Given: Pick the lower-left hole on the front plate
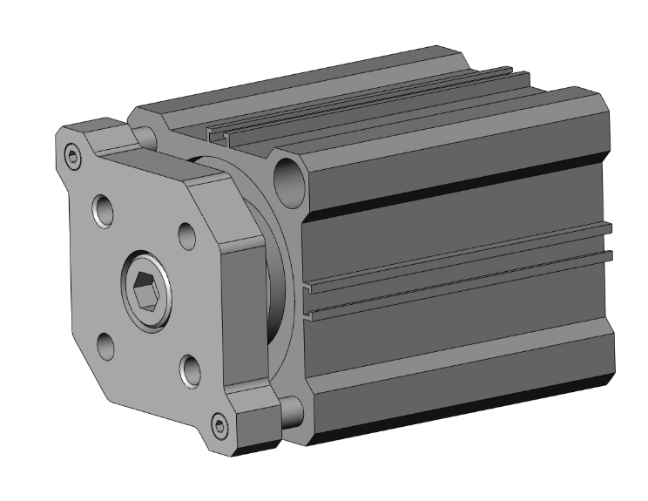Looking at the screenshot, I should (x=105, y=346).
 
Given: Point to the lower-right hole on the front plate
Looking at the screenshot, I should (x=189, y=371).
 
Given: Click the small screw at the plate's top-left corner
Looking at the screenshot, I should (x=73, y=158).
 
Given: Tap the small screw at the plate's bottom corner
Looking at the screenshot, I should (x=220, y=427).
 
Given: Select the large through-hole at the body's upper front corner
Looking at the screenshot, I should (x=286, y=178).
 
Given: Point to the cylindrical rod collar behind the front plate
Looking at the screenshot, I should (x=277, y=288).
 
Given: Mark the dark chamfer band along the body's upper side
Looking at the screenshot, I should (x=453, y=187).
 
